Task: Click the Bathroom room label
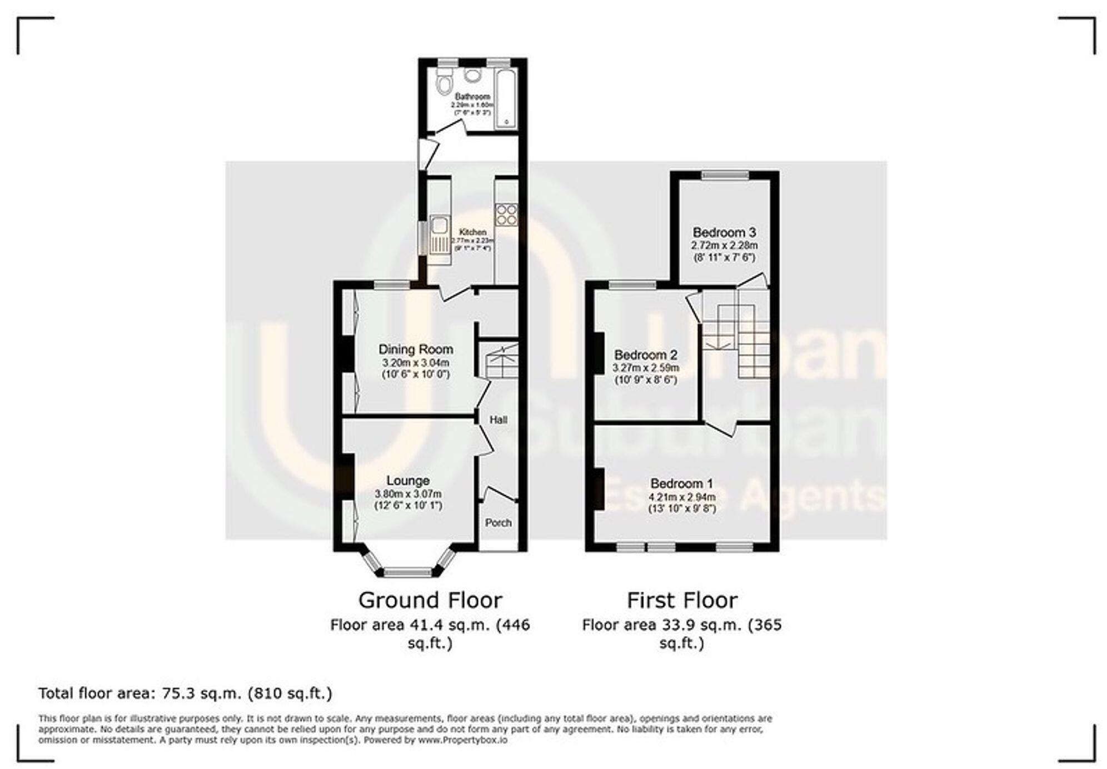tap(472, 97)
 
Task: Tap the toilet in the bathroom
tap(444, 85)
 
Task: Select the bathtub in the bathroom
tap(506, 100)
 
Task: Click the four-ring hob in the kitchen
tap(506, 214)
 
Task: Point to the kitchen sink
tap(439, 225)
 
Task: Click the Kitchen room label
tap(472, 232)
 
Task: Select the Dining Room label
tap(416, 349)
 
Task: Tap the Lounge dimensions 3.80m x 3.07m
tap(408, 494)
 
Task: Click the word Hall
tap(498, 420)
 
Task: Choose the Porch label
tap(498, 523)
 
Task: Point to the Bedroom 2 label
tap(646, 354)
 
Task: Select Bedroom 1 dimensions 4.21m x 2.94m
tap(681, 497)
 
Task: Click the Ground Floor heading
tap(430, 601)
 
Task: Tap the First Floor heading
tap(682, 601)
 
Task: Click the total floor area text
tap(185, 693)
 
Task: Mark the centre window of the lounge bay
tap(408, 571)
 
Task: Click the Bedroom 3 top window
tap(725, 175)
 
